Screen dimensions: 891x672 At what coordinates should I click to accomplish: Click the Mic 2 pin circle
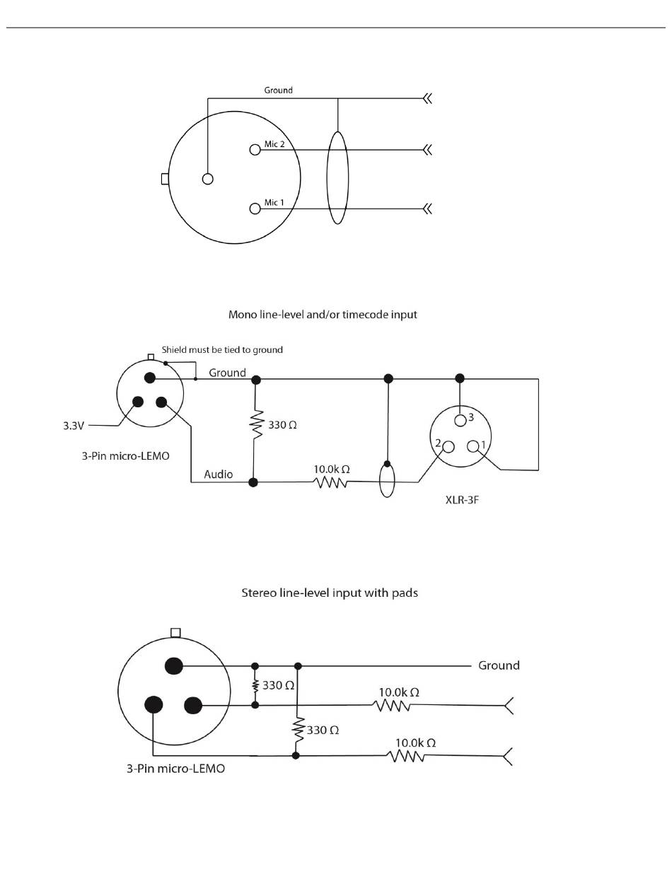click(x=255, y=149)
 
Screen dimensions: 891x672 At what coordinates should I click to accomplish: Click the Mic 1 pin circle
click(x=255, y=209)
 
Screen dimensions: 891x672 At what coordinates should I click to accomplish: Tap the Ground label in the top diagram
click(x=278, y=91)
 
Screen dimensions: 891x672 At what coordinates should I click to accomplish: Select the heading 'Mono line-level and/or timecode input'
click(x=323, y=315)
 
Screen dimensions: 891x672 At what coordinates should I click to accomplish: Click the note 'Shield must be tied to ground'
click(x=222, y=349)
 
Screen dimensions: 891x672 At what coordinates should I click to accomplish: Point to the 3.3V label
click(x=74, y=426)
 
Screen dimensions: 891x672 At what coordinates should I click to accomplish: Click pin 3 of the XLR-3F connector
click(x=460, y=421)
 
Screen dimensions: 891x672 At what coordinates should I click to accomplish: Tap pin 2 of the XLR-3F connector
click(x=448, y=446)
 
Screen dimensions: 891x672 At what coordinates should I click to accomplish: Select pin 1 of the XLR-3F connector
click(x=473, y=446)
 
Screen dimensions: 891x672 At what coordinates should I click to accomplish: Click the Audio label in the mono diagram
click(x=219, y=474)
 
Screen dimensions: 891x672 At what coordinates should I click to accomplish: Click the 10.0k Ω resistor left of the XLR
click(x=330, y=482)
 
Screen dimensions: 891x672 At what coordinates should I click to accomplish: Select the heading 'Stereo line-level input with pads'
click(x=330, y=593)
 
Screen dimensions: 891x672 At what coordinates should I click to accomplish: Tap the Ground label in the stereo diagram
click(x=499, y=665)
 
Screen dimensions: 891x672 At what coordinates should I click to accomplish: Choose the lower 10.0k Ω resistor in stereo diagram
click(x=406, y=756)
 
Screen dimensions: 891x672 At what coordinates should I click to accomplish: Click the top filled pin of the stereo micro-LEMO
click(x=173, y=665)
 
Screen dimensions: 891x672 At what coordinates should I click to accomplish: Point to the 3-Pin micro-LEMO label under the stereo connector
click(x=175, y=769)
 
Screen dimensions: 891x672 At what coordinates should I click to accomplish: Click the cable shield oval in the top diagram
click(x=337, y=177)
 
